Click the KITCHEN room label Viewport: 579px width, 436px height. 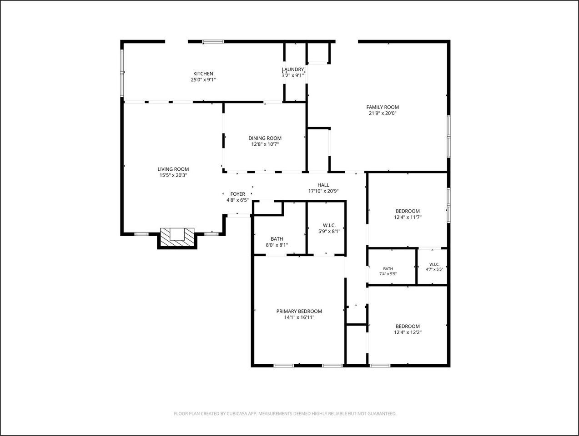[203, 74]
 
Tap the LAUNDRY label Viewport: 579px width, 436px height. [293, 69]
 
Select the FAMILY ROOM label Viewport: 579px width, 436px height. [383, 107]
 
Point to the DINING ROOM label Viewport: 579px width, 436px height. [265, 138]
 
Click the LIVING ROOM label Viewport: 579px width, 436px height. [173, 169]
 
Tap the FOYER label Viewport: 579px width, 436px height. [238, 194]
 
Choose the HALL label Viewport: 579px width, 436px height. [323, 185]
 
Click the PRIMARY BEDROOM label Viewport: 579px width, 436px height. [299, 311]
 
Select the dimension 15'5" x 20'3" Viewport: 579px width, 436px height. [173, 175]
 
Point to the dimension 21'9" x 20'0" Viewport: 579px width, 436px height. [383, 113]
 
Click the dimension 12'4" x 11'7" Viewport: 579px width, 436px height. [408, 217]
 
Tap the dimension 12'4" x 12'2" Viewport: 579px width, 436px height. [408, 332]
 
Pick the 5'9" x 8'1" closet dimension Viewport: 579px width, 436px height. [329, 232]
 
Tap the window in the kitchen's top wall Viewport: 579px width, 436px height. [213, 42]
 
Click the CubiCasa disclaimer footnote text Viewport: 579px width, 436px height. [285, 414]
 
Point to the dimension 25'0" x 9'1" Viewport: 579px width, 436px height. [203, 79]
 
